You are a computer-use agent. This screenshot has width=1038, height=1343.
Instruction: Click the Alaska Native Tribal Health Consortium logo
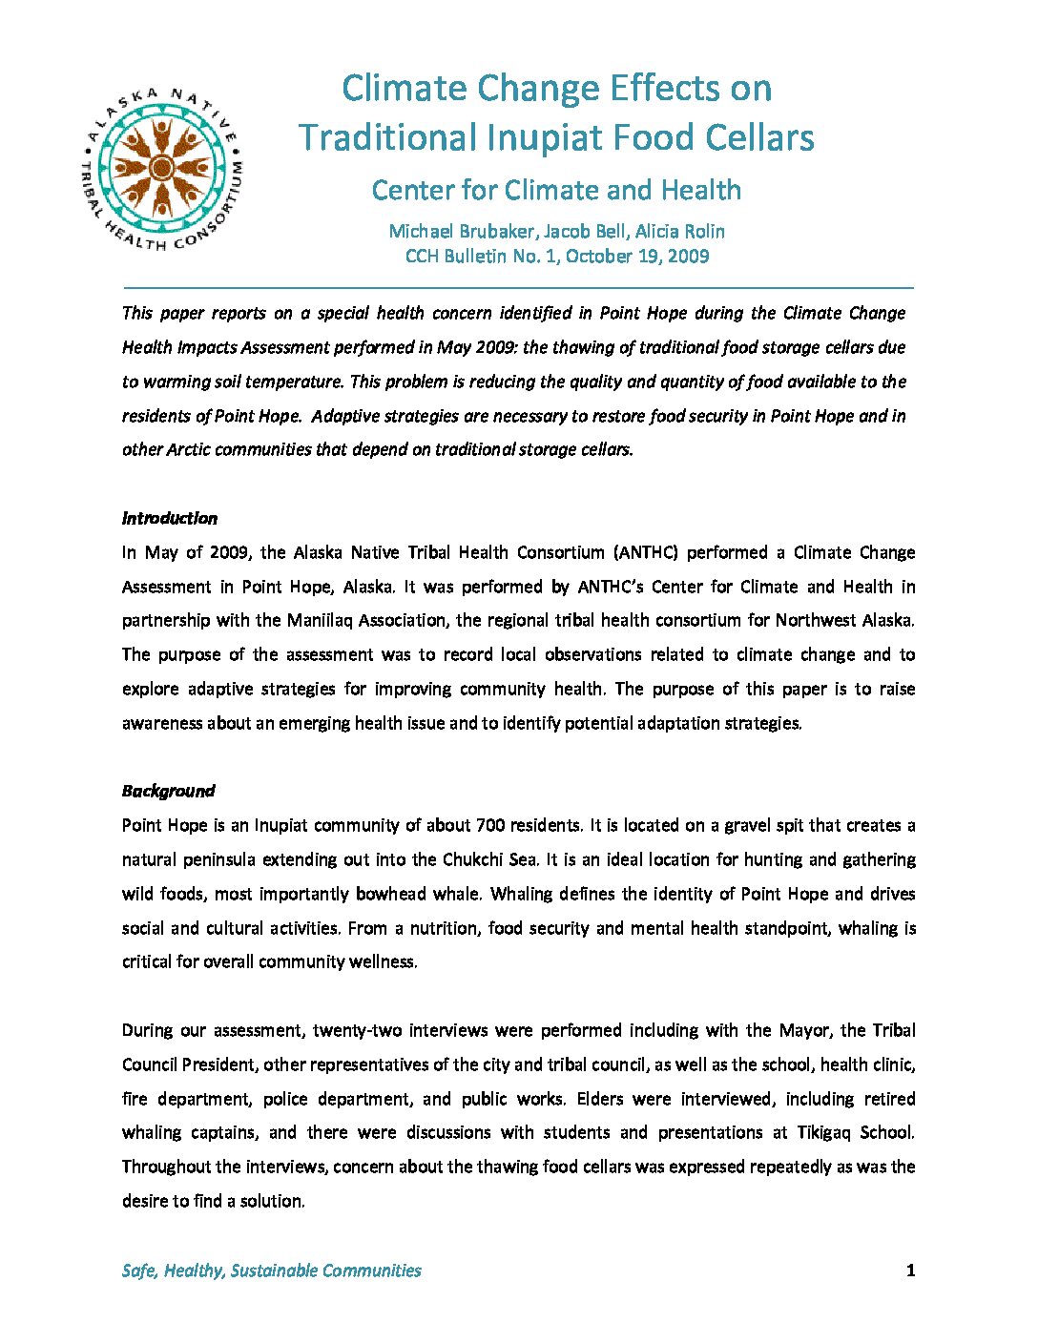click(x=163, y=169)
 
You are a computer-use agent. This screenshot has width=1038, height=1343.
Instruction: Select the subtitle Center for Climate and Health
click(x=556, y=190)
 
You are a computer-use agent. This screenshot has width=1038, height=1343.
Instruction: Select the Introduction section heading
click(x=170, y=518)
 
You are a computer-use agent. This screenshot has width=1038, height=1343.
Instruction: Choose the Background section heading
click(x=168, y=791)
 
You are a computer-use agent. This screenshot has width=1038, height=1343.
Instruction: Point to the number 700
click(x=490, y=825)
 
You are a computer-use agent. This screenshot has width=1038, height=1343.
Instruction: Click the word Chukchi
click(x=473, y=859)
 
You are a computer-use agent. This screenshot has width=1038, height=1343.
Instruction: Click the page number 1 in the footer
click(x=910, y=1270)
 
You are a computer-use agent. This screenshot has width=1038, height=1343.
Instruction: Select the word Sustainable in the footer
click(x=274, y=1271)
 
